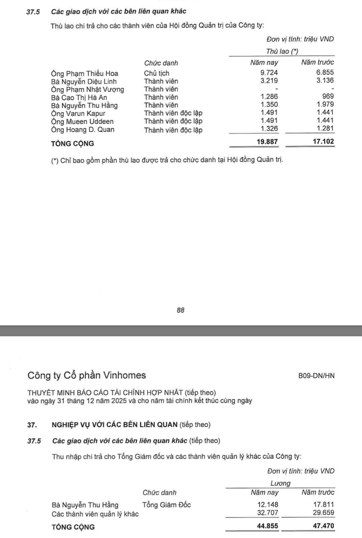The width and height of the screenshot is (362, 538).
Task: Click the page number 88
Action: coord(181,310)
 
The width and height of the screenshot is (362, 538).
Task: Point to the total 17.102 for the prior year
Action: coord(317,143)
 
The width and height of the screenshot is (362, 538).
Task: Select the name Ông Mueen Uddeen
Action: coord(82,122)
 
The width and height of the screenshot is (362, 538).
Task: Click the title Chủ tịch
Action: coord(157,74)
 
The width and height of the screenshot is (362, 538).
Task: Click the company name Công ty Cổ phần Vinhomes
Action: coord(87,375)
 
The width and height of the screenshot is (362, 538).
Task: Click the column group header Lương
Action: coord(281,483)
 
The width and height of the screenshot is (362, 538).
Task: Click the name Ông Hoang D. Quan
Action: coord(83,130)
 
